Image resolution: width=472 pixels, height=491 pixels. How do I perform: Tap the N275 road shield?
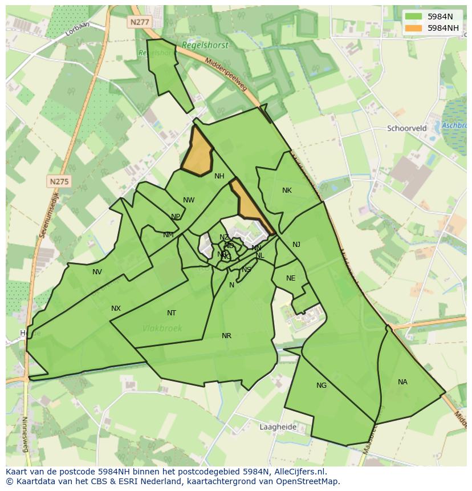point(59,181)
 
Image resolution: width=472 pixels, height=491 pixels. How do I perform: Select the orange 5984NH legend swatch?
point(414,28)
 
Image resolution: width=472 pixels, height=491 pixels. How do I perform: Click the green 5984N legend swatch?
point(414,17)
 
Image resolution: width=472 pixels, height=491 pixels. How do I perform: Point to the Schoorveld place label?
point(406,128)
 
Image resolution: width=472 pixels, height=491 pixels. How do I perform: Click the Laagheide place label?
point(278,427)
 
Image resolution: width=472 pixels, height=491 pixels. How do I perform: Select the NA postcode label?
point(402,382)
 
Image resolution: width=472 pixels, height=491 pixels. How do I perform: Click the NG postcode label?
point(322,386)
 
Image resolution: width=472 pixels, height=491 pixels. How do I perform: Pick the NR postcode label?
point(226,336)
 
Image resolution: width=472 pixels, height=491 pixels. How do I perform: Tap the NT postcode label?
point(172,313)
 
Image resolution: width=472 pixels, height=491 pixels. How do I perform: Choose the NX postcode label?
point(116,309)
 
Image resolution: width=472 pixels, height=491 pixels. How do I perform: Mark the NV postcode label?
point(97,272)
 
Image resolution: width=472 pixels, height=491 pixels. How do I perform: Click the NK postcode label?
point(287,190)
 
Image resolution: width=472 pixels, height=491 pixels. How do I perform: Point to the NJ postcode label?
point(296,245)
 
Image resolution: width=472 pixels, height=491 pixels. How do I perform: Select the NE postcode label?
point(291,278)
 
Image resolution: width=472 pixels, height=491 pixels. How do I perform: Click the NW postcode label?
point(189,200)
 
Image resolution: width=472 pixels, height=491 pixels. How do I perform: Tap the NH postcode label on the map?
point(219,176)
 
